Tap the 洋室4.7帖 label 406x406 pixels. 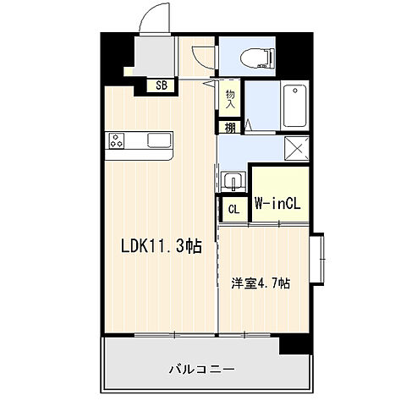pos(261,284)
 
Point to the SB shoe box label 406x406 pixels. pos(161,84)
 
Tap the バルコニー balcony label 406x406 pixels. pos(200,369)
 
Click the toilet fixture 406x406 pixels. pos(255,58)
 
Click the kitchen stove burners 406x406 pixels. pos(117,141)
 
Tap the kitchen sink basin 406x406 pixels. pos(158,140)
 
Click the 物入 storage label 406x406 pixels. pos(230,98)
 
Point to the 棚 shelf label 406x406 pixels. pos(230,128)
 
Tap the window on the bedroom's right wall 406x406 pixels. pos(320,259)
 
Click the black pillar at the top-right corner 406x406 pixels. pos(299,51)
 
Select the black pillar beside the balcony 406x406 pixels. pos(296,343)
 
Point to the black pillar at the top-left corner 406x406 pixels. pos(117,56)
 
